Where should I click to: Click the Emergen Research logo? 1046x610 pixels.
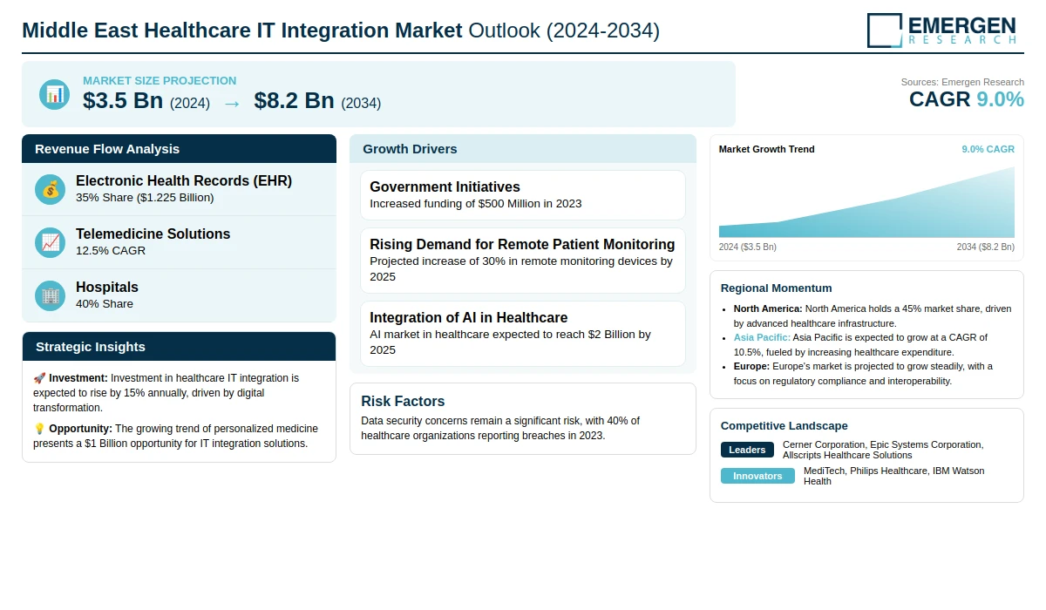(x=941, y=30)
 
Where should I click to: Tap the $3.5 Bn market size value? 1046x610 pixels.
(x=123, y=101)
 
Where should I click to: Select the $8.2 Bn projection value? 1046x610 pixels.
(x=294, y=101)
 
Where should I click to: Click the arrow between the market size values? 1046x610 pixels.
(x=232, y=103)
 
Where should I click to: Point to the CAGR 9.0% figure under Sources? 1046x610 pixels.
(x=966, y=99)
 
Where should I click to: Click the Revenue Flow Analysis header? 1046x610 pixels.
(x=107, y=149)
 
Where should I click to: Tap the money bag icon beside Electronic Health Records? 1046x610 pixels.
(x=51, y=189)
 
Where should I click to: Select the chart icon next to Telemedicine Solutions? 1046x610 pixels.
(x=51, y=242)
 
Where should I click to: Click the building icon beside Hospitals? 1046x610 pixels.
(x=51, y=295)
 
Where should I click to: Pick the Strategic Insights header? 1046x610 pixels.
(x=91, y=347)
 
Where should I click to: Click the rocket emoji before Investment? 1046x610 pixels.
(x=39, y=378)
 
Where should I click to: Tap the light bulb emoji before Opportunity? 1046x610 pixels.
(x=39, y=429)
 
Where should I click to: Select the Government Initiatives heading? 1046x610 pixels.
(x=445, y=186)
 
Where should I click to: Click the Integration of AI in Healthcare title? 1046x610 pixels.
(x=468, y=317)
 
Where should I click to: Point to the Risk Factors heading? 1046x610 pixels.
(x=403, y=401)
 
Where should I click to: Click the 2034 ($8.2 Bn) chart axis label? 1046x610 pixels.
(x=985, y=247)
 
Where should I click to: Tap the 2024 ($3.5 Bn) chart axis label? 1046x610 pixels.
(x=748, y=247)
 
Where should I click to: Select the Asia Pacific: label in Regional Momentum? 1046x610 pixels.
(x=762, y=337)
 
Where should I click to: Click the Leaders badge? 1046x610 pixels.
(x=747, y=450)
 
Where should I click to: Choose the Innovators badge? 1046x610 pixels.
(x=757, y=476)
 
